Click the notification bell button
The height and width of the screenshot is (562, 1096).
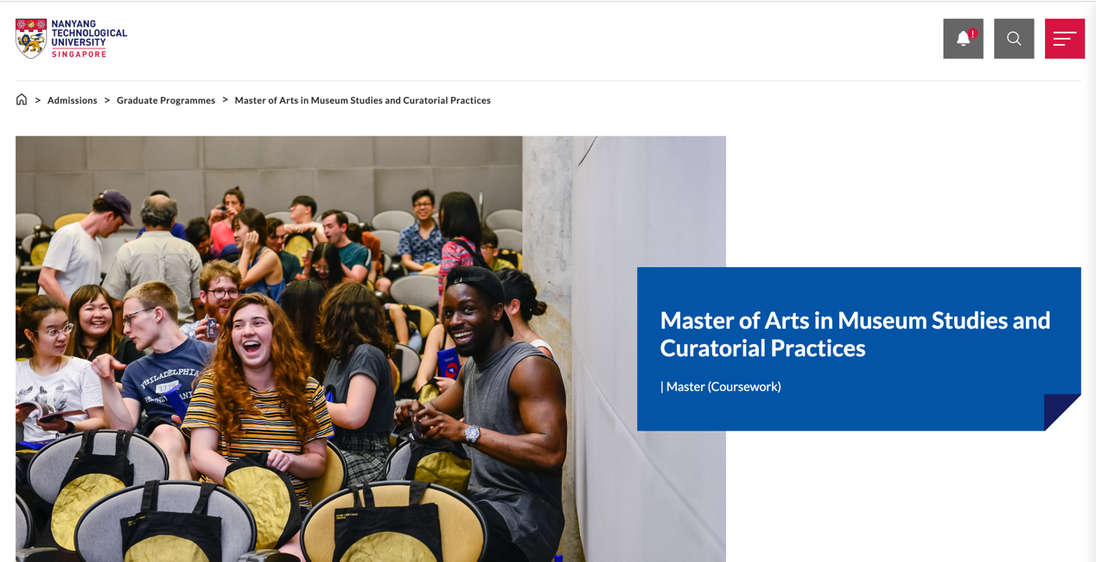[963, 39]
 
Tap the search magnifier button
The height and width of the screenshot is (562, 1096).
[1014, 39]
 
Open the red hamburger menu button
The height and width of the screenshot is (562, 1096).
[1065, 39]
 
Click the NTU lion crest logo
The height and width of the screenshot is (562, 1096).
[31, 39]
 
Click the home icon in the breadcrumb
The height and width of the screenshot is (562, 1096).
[22, 100]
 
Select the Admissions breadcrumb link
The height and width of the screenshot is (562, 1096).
[72, 100]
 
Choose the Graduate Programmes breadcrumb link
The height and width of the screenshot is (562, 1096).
[166, 100]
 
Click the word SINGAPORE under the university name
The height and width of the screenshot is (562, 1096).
[79, 54]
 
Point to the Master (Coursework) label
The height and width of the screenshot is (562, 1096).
[721, 386]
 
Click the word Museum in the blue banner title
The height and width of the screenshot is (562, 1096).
[882, 321]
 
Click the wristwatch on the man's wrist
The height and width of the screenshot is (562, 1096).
[472, 434]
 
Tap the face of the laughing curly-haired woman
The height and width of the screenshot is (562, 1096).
[252, 342]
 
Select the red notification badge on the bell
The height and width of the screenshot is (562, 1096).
[972, 34]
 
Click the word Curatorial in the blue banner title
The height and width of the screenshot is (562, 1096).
[712, 348]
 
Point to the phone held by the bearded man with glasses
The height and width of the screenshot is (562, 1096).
[212, 328]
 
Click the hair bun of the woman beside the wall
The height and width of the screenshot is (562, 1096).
[538, 308]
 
